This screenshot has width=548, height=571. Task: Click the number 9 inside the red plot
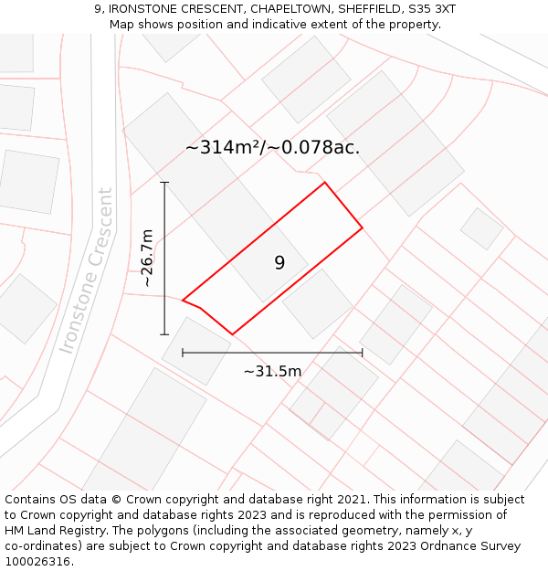279,263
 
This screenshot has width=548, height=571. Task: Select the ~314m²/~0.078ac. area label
272,147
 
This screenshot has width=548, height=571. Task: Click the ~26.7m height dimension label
147,259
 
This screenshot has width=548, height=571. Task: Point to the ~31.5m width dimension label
272,371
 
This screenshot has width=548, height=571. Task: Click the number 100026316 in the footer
37,562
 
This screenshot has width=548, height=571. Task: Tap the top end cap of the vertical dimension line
164,183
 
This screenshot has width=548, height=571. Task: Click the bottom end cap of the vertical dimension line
164,334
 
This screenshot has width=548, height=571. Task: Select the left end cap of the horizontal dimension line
183,352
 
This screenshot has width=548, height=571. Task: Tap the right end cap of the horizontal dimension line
363,352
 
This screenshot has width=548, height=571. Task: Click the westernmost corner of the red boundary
183,300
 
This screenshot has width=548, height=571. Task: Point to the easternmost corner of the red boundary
363,227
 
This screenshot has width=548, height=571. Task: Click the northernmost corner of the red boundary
325,183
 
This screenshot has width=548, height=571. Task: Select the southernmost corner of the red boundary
232,334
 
